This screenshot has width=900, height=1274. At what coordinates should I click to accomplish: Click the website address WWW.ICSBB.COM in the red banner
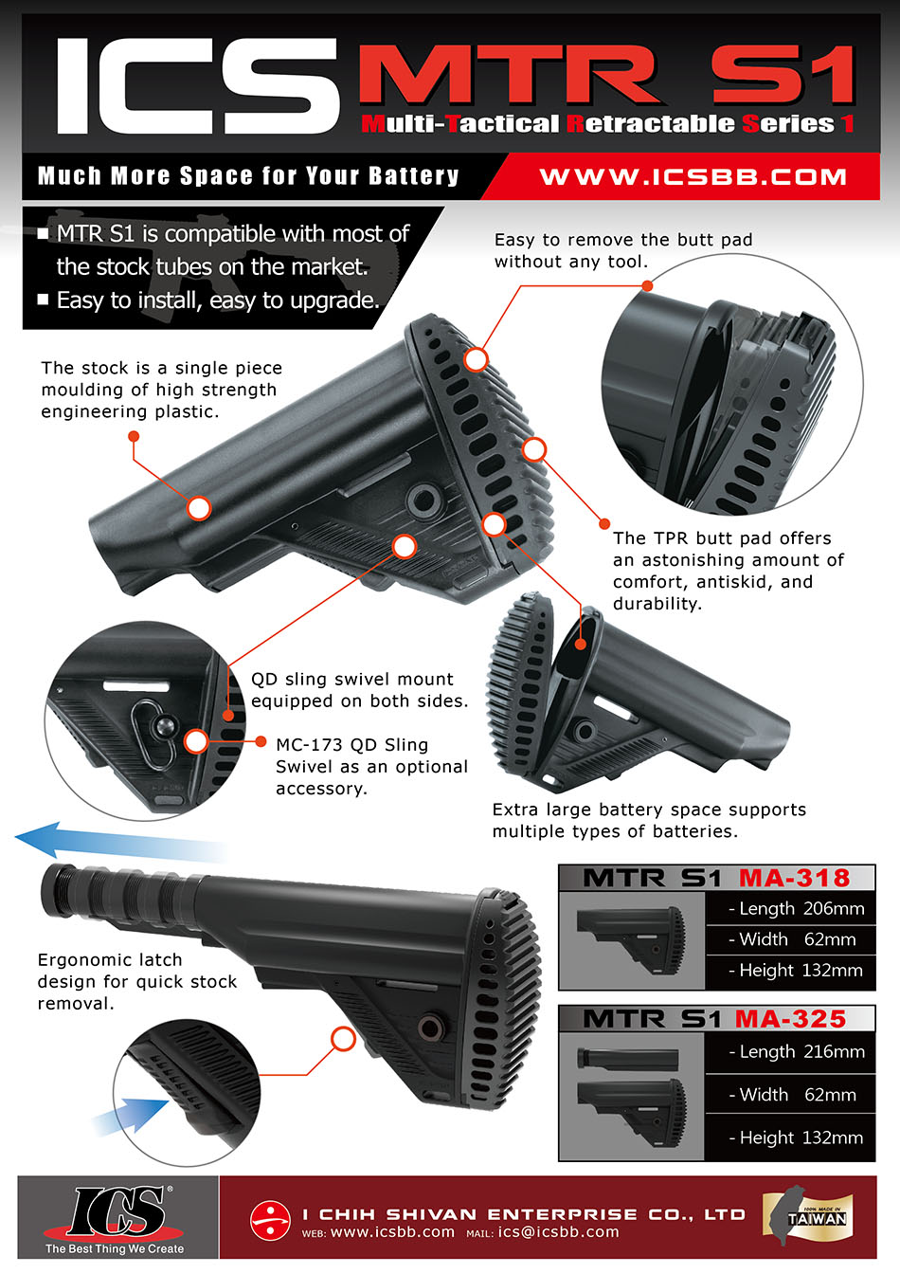point(693,177)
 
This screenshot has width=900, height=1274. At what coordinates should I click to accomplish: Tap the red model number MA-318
point(794,878)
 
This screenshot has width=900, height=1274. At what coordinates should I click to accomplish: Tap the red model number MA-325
point(790,1019)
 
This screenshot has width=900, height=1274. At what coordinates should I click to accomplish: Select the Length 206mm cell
point(795,909)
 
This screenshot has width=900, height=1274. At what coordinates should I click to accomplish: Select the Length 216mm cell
point(795,1052)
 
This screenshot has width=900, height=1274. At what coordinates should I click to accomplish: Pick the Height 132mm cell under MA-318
point(795,971)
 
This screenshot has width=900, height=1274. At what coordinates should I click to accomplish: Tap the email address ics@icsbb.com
point(559,1232)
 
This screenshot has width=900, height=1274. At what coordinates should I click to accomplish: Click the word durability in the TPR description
point(657,604)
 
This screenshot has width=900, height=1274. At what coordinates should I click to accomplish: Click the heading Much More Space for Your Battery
point(248,176)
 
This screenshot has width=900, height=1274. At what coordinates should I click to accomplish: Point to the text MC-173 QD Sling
point(351,745)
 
